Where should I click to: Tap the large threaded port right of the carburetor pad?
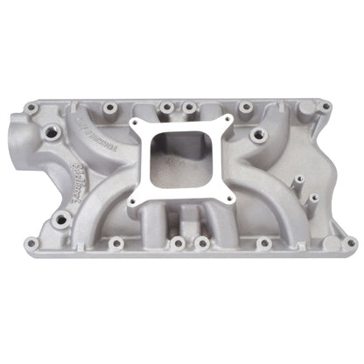(x=258, y=136)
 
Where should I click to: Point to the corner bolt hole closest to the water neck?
(x=31, y=108)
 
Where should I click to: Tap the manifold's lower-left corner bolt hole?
(x=31, y=243)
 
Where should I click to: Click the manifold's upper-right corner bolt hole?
(x=325, y=107)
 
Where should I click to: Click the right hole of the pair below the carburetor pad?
(x=201, y=241)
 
